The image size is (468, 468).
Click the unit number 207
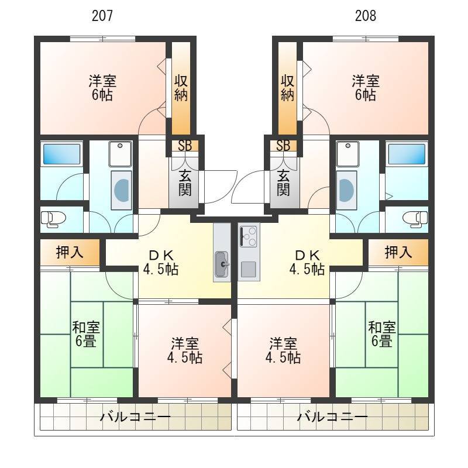(102, 16)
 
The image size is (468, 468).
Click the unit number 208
(365, 16)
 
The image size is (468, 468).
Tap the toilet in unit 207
(53, 219)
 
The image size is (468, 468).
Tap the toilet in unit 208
(415, 219)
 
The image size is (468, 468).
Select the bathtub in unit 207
(62, 154)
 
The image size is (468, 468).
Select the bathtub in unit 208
(407, 154)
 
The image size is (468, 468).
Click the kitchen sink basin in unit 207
(222, 264)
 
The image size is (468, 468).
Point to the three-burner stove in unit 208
(247, 236)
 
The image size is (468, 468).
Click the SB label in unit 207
(185, 146)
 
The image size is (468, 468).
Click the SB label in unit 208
(283, 146)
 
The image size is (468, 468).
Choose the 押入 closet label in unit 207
(70, 253)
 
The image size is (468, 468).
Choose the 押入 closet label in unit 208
(398, 253)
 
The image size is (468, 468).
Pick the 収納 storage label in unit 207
(181, 88)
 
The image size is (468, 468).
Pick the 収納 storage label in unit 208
(287, 88)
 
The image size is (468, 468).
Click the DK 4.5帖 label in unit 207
(161, 262)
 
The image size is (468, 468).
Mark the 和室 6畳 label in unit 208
(382, 334)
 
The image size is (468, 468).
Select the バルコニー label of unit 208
(332, 417)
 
